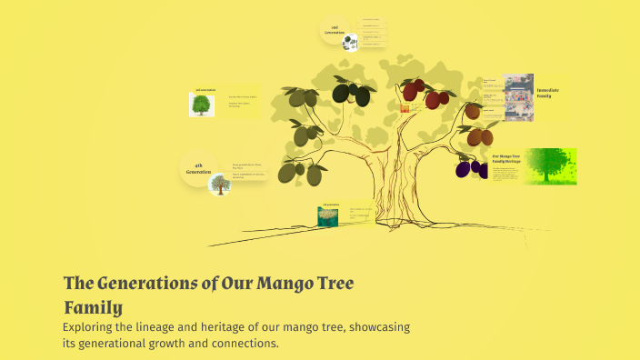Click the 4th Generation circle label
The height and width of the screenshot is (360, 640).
click(198, 168)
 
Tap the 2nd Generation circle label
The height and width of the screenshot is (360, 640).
click(335, 30)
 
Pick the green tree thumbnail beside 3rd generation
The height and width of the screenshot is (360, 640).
click(201, 105)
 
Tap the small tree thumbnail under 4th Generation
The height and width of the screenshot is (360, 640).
click(219, 185)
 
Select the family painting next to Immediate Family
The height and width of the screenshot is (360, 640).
click(518, 97)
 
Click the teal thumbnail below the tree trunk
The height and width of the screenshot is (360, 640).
click(327, 216)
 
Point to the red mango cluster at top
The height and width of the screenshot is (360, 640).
click(424, 93)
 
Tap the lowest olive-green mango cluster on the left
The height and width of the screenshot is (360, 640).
click(300, 171)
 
